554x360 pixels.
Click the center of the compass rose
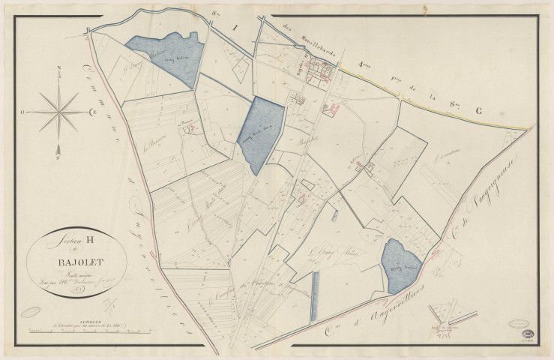tap(58, 112)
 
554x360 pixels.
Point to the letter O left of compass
tap(23, 112)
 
